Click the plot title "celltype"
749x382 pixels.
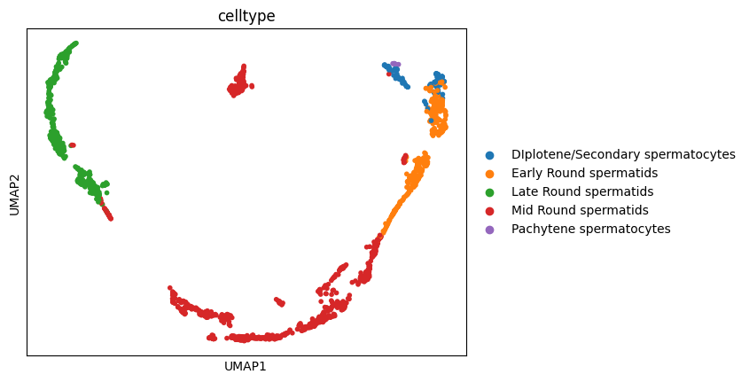pyautogui.click(x=246, y=16)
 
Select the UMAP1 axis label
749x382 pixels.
pyautogui.click(x=246, y=366)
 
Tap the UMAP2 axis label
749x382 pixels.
pyautogui.click(x=14, y=192)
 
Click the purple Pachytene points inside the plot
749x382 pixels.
pyautogui.click(x=395, y=64)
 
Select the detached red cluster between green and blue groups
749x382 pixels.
pyautogui.click(x=238, y=82)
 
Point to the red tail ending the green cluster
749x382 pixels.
pyautogui.click(x=106, y=213)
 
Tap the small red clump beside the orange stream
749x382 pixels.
pyautogui.click(x=405, y=160)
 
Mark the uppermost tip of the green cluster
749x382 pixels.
pyautogui.click(x=75, y=43)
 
